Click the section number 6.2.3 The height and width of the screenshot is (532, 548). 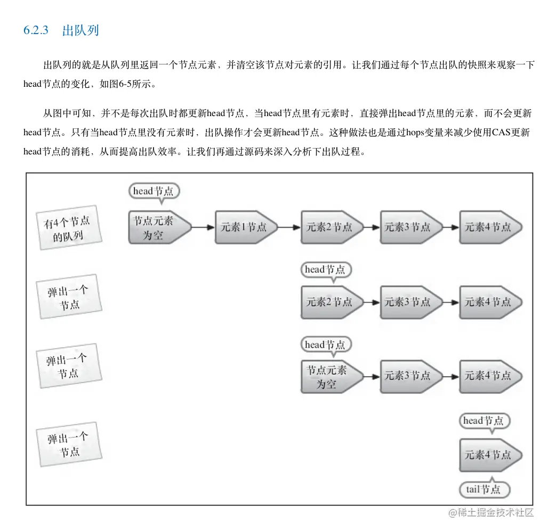tap(36, 30)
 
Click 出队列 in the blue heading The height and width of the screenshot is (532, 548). tap(80, 30)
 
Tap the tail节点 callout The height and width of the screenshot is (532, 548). tap(484, 489)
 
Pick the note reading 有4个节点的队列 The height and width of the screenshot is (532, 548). tap(68, 228)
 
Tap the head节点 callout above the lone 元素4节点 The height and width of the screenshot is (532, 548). tap(484, 421)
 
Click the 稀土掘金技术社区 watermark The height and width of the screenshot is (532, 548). tap(490, 513)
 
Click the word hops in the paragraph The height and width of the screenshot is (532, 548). tap(417, 133)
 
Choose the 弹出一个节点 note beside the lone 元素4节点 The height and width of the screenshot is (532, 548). tap(68, 445)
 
